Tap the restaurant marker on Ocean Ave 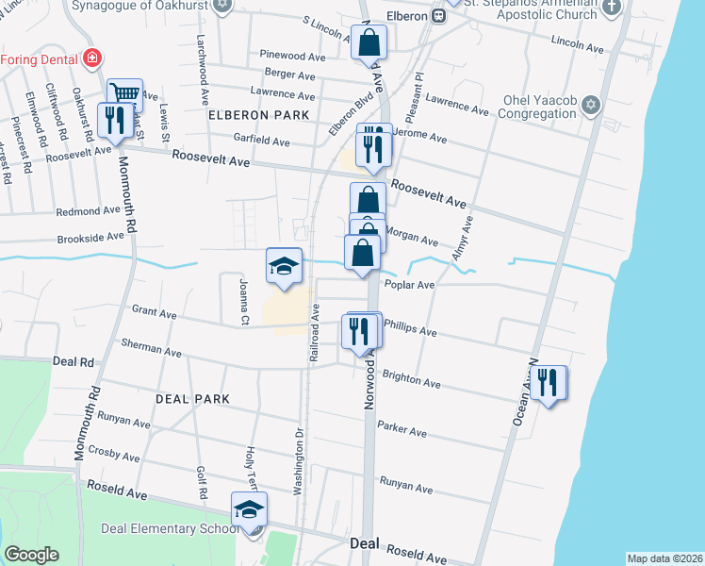tap(548, 383)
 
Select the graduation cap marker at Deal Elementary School tap(249, 510)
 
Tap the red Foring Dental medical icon tap(91, 58)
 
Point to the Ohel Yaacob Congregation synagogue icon tap(591, 104)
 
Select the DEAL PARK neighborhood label tap(193, 399)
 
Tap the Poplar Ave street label tap(410, 285)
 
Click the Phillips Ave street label tap(412, 329)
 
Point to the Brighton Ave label tap(412, 379)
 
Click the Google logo tap(31, 555)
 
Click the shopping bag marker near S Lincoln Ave tap(369, 42)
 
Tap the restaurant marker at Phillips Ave tap(361, 331)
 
